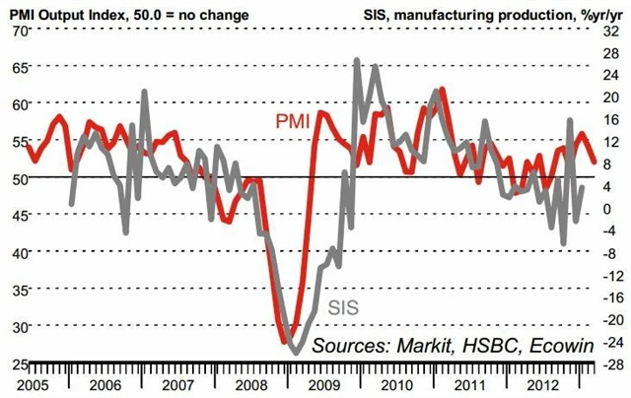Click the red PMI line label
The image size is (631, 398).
pyautogui.click(x=294, y=120)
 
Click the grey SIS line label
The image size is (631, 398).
pyautogui.click(x=342, y=306)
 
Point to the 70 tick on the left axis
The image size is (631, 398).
pyautogui.click(x=18, y=32)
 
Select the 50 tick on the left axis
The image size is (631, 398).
pyautogui.click(x=18, y=177)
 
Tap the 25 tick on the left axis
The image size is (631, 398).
pyautogui.click(x=18, y=365)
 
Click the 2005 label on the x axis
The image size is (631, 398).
pyautogui.click(x=34, y=382)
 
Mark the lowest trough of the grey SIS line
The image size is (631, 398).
pyautogui.click(x=294, y=352)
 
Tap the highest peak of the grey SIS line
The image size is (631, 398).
pyautogui.click(x=356, y=60)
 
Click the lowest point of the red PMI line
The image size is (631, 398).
pyautogui.click(x=289, y=342)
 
